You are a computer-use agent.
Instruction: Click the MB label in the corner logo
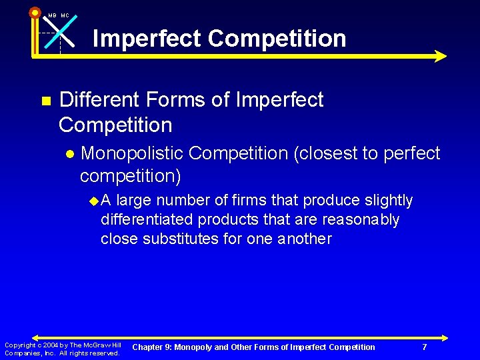(52, 15)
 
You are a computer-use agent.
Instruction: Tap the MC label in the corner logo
(65, 15)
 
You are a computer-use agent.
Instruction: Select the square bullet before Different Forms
(45, 101)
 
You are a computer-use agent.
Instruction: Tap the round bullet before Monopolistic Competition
(71, 154)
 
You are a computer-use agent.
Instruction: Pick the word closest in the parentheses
(331, 153)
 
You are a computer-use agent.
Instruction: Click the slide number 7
(424, 347)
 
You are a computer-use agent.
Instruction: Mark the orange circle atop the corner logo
(35, 12)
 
